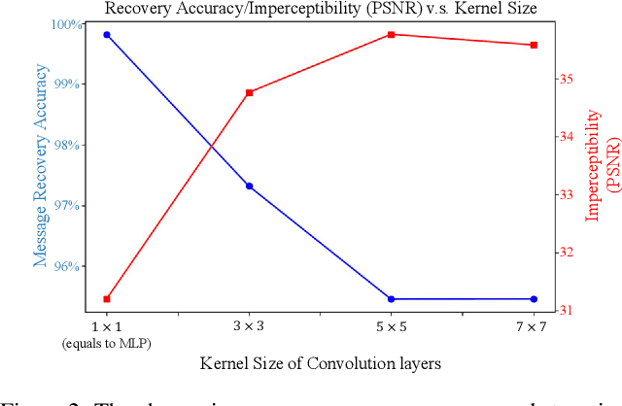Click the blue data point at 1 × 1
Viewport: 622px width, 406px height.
pos(107,35)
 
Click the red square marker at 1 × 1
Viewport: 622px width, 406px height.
pos(107,299)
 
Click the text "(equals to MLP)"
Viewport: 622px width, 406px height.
pos(107,343)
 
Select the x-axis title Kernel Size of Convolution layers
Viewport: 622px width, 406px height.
pos(321,364)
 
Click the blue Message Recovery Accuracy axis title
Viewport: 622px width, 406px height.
pos(41,165)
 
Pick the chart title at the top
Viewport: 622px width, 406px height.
pos(321,9)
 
